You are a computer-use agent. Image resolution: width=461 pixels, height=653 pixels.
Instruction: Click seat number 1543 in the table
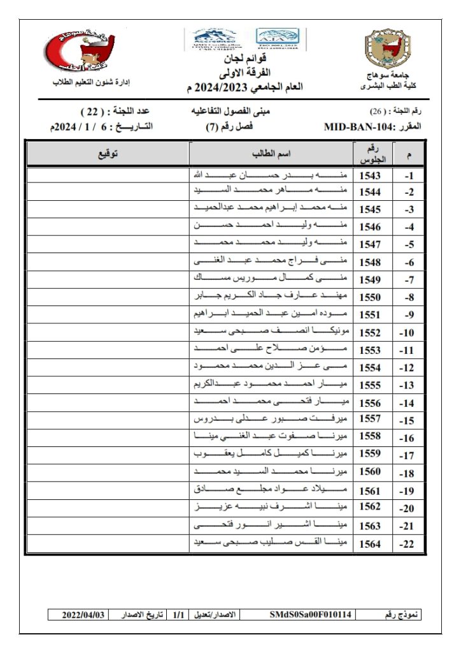370,175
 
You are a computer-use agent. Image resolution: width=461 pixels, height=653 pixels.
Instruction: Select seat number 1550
370,297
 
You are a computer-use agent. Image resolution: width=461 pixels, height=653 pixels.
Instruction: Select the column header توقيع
108,154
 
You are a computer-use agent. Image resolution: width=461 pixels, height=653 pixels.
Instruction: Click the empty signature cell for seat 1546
108,226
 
